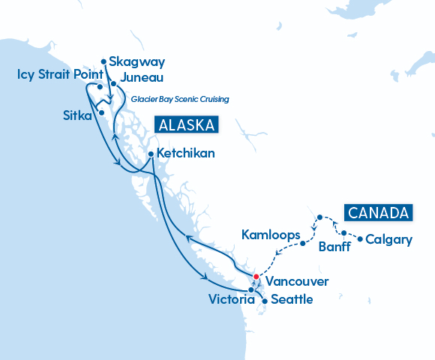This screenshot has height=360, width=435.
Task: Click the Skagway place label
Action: [136, 61]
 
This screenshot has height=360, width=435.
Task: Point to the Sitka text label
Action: [77, 115]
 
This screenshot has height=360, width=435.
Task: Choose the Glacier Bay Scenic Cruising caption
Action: [179, 99]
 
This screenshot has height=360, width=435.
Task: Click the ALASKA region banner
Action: [186, 124]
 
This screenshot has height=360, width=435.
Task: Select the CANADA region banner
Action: [379, 212]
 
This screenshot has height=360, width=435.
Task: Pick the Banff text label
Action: [334, 247]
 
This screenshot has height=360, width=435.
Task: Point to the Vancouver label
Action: [296, 282]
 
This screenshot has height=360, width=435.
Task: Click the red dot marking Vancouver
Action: [256, 277]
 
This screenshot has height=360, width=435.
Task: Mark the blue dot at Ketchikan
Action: [151, 154]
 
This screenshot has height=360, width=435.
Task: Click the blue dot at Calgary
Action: [360, 240]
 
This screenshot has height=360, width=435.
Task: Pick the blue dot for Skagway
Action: [103, 61]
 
